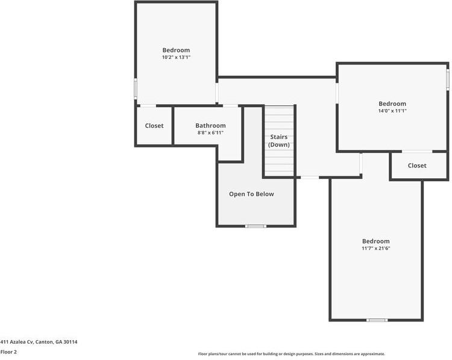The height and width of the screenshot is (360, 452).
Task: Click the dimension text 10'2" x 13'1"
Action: click(176, 57)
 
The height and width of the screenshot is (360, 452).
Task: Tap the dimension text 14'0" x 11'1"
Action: click(392, 111)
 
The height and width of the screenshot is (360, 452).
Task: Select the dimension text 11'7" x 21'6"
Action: click(375, 248)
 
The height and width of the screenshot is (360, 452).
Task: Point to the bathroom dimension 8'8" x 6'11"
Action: click(210, 132)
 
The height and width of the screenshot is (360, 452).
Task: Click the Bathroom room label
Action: click(210, 125)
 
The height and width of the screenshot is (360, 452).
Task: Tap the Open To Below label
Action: click(251, 194)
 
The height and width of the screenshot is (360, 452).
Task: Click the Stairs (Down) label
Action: click(278, 141)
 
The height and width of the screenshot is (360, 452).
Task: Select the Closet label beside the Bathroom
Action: click(154, 126)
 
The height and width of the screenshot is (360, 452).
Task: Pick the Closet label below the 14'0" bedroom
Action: click(416, 166)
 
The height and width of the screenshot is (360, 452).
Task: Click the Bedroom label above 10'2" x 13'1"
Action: click(176, 50)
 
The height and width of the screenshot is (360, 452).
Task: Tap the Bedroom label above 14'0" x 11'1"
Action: click(392, 104)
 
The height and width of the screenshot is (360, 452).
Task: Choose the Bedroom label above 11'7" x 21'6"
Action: click(375, 241)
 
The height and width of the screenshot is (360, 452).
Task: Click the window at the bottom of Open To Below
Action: click(256, 226)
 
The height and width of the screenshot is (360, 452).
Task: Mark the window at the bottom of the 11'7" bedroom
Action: click(377, 320)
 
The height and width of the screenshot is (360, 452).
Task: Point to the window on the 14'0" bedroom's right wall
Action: click(448, 79)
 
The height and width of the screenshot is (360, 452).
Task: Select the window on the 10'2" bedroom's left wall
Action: click(135, 90)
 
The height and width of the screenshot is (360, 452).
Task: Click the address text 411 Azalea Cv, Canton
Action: click(39, 342)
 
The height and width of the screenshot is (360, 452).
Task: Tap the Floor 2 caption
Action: click(8, 352)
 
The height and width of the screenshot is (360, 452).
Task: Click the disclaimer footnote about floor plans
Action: click(291, 354)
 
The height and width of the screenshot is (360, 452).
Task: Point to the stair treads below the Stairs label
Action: click(278, 163)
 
